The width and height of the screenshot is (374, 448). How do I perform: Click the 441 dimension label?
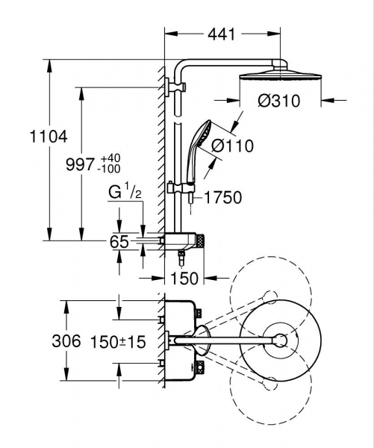[221, 34]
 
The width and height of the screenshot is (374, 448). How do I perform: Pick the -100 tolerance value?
[110, 170]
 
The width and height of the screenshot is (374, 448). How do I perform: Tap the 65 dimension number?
[119, 242]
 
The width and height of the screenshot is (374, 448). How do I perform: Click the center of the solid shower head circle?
[280, 341]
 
